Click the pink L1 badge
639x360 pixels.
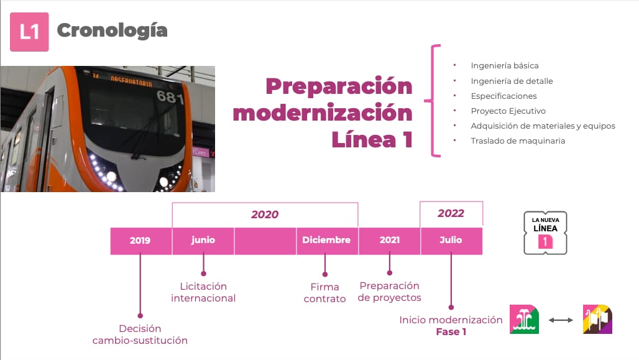coord(29,32)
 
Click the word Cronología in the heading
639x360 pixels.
coord(112,30)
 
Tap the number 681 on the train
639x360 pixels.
coord(170,97)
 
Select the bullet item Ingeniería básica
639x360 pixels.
coord(504,66)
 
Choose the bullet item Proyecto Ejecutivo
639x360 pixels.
coord(508,111)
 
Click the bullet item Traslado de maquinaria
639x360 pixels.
coord(518,141)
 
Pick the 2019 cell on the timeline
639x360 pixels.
coord(140,241)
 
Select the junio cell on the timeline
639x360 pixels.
coord(203,241)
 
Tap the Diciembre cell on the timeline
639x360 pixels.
coord(326,241)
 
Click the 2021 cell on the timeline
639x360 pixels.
coord(389,241)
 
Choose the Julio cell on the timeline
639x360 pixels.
coord(451,241)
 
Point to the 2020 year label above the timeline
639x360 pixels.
coord(265,215)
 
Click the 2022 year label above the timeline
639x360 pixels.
coord(451,213)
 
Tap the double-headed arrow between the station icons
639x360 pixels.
coord(561,320)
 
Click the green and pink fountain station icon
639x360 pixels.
coord(524,320)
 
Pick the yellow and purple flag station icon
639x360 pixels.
coord(597,320)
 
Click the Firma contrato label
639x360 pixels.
coord(324,293)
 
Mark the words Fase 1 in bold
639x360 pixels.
coord(451,332)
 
